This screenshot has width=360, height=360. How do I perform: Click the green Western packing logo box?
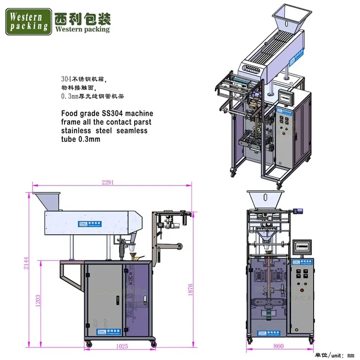[x=28, y=21]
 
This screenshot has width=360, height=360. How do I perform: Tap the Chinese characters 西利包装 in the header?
[x=83, y=18]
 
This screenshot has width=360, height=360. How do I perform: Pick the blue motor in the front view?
[x=298, y=211]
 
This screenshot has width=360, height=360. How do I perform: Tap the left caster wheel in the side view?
[x=88, y=343]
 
